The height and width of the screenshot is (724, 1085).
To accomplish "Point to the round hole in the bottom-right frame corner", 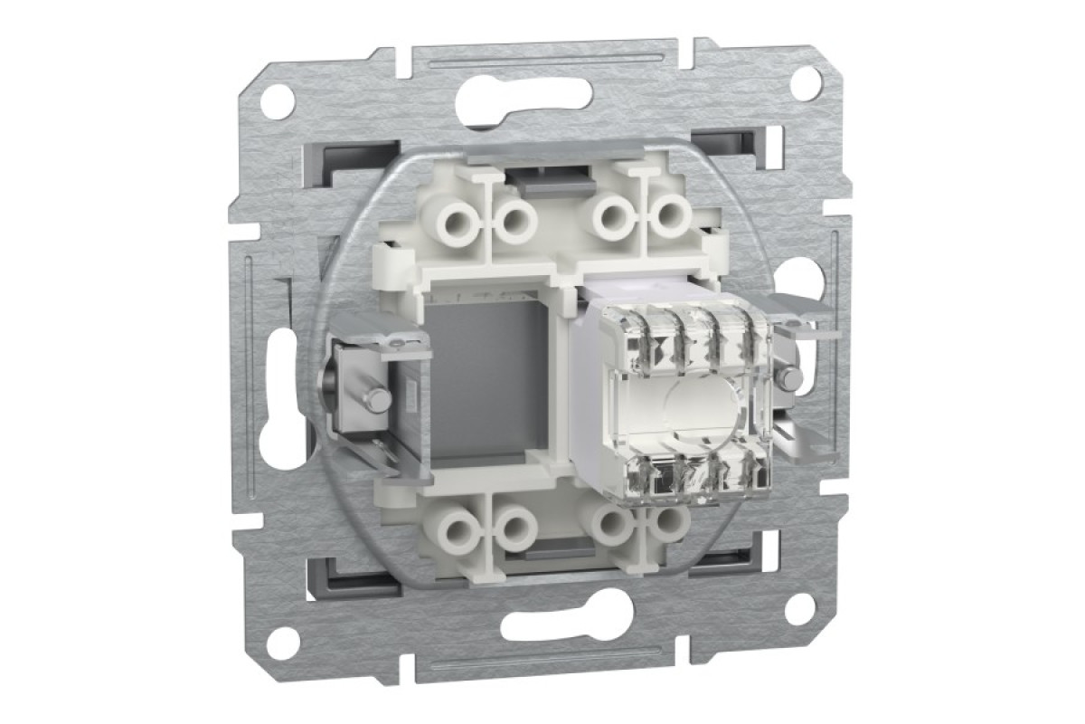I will [x=800, y=607].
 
